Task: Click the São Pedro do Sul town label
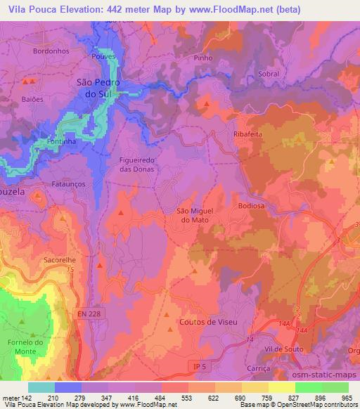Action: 98,87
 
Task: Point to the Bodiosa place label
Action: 259,205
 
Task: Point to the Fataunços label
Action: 70,183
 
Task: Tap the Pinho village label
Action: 202,58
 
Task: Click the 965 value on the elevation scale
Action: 347,397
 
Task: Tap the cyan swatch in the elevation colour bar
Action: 41,387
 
